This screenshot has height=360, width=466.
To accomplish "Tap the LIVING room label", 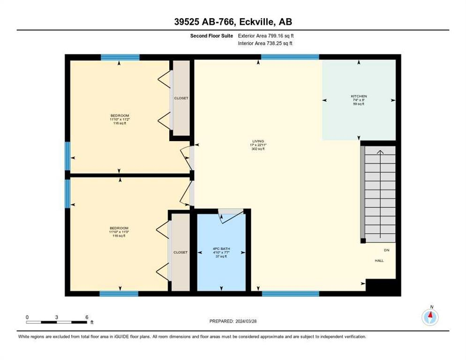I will tap(258, 141).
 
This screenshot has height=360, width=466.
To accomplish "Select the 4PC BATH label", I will tap(220, 249).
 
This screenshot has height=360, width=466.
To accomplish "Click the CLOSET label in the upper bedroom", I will tap(181, 98).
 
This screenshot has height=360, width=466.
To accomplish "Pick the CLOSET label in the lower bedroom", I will tap(180, 252).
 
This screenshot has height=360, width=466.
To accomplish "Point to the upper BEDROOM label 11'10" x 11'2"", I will tap(120, 116).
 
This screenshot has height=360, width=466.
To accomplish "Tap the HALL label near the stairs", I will tap(379, 261).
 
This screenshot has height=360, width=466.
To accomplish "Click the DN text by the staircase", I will tap(386, 250).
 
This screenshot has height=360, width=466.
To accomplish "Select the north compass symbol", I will tap(430, 317).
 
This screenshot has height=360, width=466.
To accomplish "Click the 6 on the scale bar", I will tap(87, 317).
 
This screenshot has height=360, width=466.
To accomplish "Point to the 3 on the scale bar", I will tap(57, 317).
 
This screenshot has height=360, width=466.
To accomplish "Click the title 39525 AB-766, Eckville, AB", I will tap(233, 22).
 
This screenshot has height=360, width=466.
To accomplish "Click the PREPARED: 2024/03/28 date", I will tap(233, 321).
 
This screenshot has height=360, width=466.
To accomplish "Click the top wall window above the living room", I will tap(289, 57).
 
